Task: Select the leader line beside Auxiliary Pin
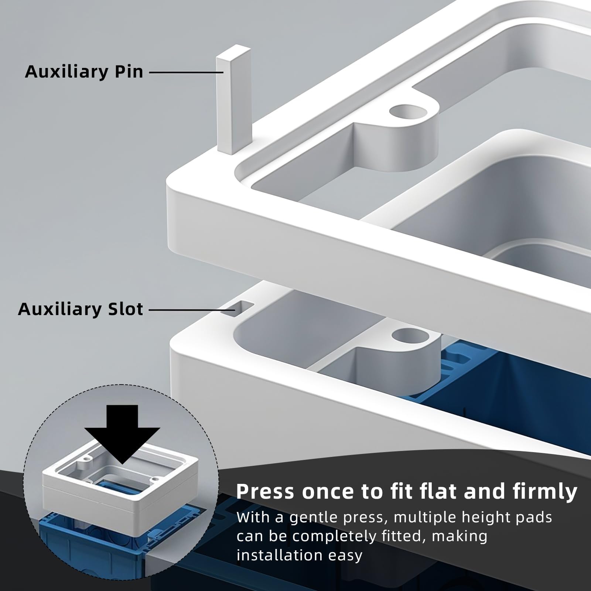186,72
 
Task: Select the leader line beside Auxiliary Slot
192,310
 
